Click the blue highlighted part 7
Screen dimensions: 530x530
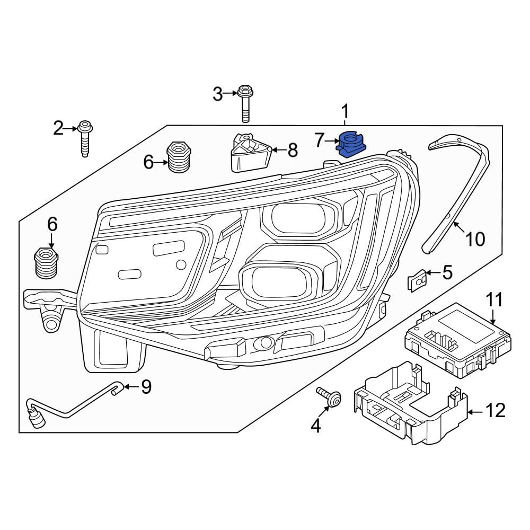tap(350, 144)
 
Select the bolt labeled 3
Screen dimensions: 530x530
tap(245, 103)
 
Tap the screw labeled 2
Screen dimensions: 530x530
tap(85, 138)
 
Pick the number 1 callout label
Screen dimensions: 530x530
tap(344, 111)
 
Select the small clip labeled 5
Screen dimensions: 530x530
tap(418, 279)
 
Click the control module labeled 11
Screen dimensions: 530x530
tap(458, 340)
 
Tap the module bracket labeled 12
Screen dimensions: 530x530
tap(410, 403)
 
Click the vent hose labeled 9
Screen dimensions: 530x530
tap(71, 404)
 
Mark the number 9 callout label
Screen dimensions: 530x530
tap(146, 387)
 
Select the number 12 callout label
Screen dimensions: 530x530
tap(495, 410)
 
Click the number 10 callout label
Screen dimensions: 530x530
tap(475, 239)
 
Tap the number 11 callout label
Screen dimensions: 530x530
tap(494, 300)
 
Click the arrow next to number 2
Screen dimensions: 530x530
tap(71, 128)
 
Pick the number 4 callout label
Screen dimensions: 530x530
tap(316, 426)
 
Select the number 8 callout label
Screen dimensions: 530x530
tap(293, 150)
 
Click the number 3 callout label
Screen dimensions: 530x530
tap(218, 94)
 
